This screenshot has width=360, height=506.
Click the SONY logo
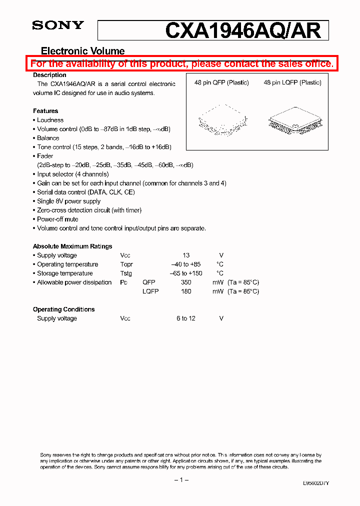58,26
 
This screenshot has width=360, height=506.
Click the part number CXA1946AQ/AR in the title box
243,31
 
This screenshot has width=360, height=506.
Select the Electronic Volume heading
82,51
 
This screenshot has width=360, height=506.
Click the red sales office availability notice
181,63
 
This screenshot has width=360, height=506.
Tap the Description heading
49,75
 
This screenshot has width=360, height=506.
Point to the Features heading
45,111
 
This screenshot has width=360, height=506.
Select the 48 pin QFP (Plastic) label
221,82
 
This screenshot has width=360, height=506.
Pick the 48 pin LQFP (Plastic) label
292,82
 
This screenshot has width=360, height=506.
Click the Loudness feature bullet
50,120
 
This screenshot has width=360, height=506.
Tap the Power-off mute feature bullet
57,219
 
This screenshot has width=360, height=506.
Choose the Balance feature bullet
48,138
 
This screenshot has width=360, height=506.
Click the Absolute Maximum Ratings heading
72,246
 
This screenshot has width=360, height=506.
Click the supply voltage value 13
186,255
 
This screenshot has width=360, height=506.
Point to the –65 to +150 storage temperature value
186,273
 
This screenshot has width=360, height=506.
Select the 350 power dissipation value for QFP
186,282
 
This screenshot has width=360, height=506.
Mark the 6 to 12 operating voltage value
185,318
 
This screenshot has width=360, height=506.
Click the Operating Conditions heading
63,309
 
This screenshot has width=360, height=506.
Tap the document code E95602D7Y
316,483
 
